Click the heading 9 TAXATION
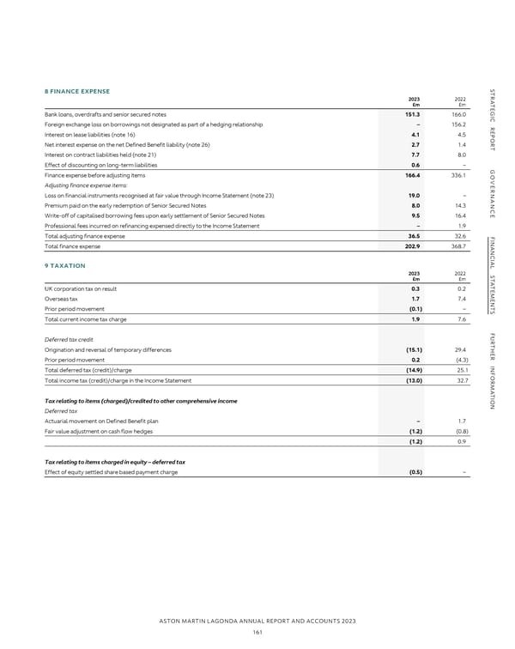64,241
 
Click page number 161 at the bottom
257,632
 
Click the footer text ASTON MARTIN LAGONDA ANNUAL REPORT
257,620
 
